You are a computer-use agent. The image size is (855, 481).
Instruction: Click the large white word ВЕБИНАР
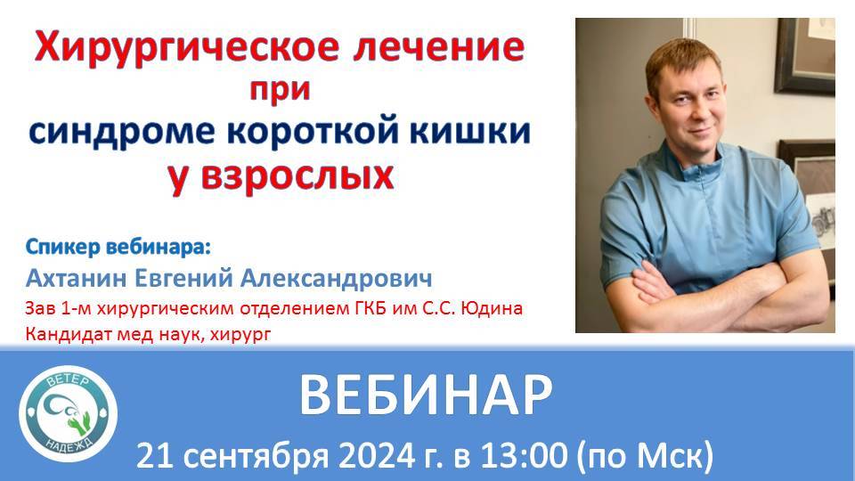tap(423, 395)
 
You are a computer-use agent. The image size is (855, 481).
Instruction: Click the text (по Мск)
tap(647, 456)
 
